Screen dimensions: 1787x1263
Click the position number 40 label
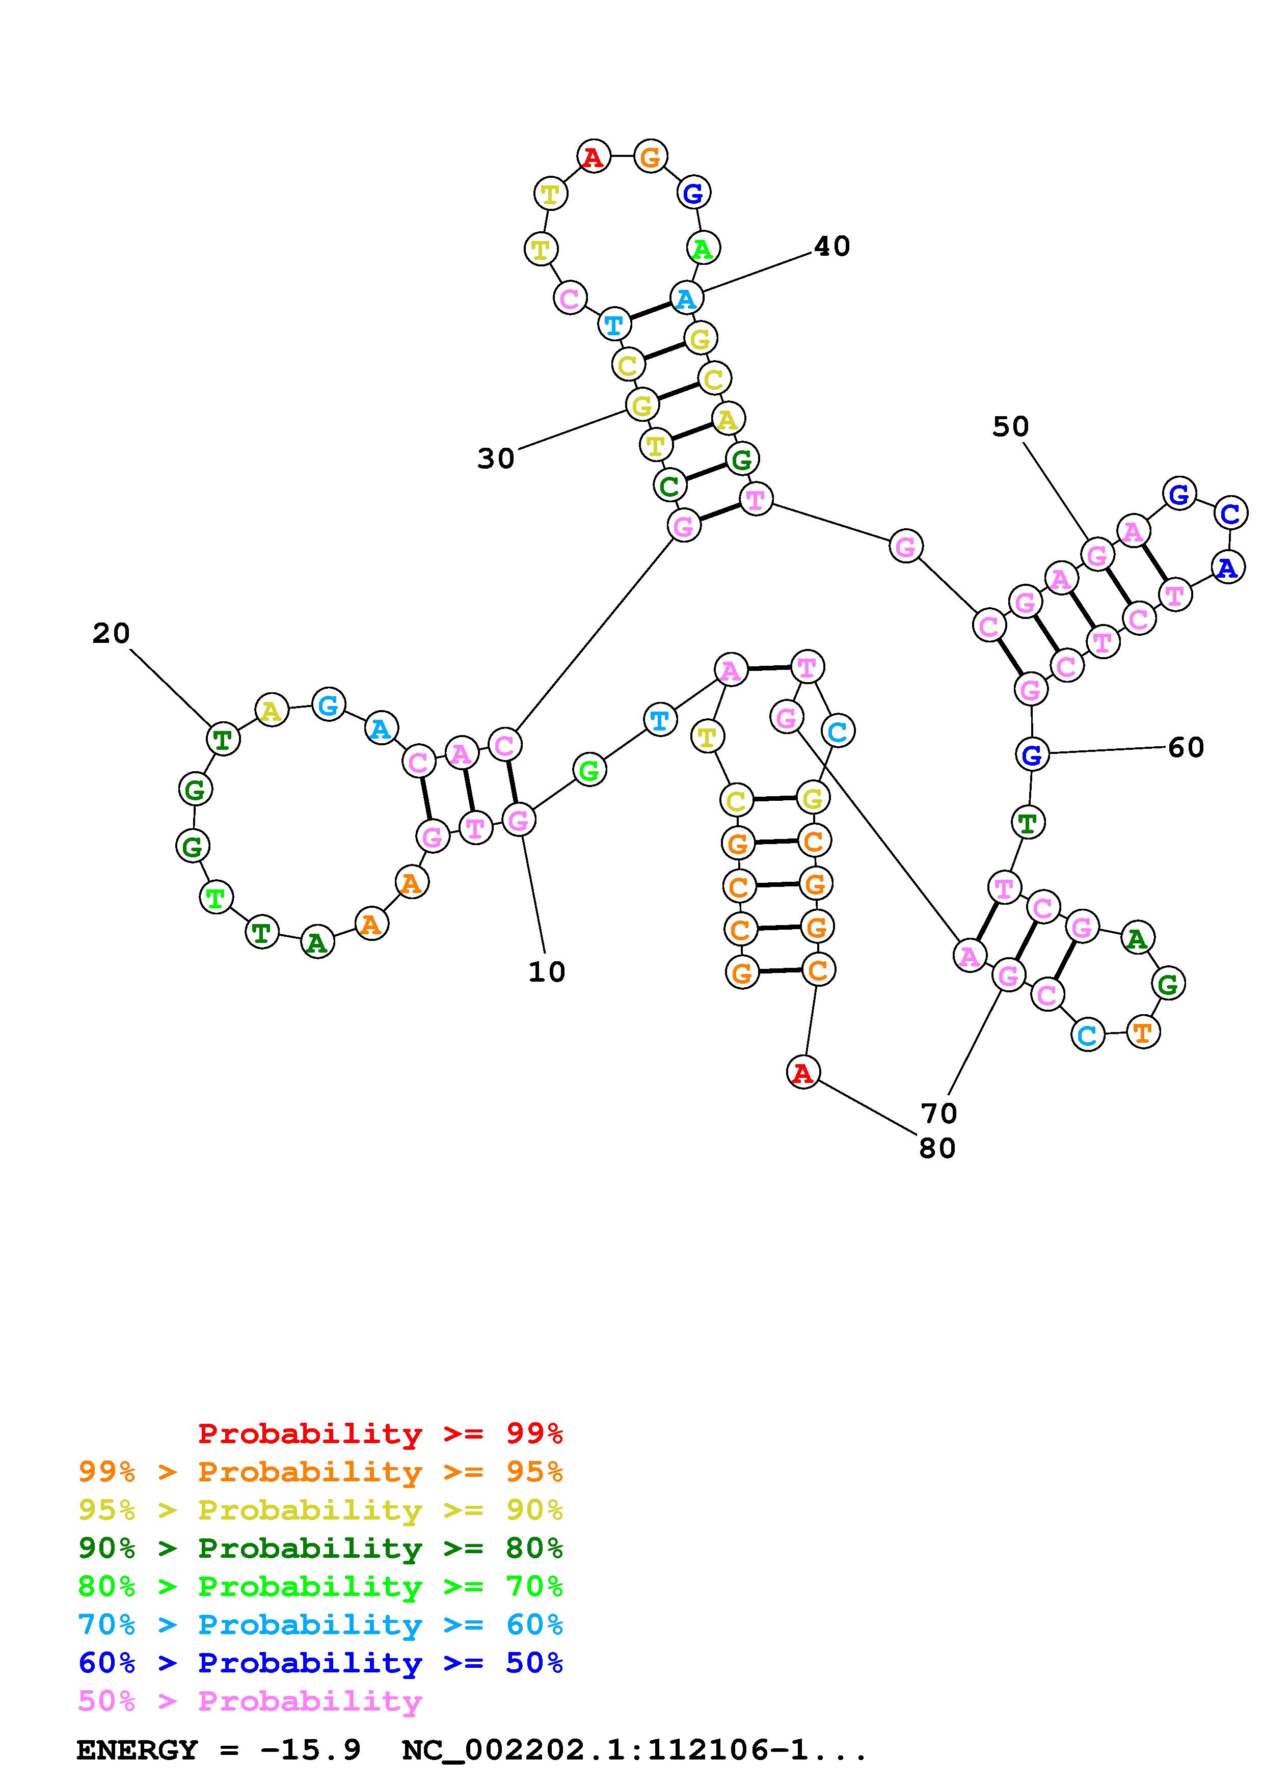click(x=832, y=247)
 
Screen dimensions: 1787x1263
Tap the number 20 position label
click(x=111, y=634)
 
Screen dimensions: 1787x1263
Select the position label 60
click(x=1186, y=748)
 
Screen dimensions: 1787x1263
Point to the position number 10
click(x=546, y=971)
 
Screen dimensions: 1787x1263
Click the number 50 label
click(x=1010, y=426)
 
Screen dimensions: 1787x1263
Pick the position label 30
click(x=496, y=458)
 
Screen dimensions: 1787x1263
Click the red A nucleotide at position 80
click(x=802, y=1072)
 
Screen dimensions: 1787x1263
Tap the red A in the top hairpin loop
click(x=593, y=157)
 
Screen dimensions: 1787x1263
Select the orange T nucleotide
click(x=1142, y=1032)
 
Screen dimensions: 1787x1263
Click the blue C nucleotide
click(x=1229, y=513)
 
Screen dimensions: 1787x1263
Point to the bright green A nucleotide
click(x=703, y=249)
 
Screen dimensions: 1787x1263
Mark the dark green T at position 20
click(x=223, y=739)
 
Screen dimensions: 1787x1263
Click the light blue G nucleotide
click(x=329, y=705)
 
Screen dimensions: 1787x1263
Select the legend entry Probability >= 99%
click(x=380, y=1433)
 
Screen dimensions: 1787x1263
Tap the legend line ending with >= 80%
click(x=320, y=1548)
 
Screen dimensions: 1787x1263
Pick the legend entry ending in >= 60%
click(x=320, y=1624)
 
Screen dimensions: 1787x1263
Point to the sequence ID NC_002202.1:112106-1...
click(x=634, y=1750)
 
